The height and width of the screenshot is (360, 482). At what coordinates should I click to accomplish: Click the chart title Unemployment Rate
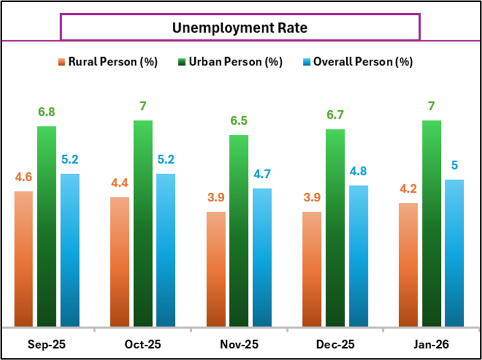pyautogui.click(x=239, y=27)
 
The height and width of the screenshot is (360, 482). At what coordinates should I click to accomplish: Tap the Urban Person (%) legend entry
pyautogui.click(x=235, y=62)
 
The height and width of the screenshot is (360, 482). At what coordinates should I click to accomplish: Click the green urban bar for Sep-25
pyautogui.click(x=47, y=226)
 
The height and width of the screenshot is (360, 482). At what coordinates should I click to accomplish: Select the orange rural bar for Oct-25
pyautogui.click(x=119, y=261)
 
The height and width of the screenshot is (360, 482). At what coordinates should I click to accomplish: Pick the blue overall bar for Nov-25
pyautogui.click(x=262, y=257)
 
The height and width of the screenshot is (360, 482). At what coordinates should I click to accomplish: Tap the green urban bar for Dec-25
pyautogui.click(x=335, y=227)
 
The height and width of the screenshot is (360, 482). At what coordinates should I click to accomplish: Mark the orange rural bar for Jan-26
pyautogui.click(x=408, y=264)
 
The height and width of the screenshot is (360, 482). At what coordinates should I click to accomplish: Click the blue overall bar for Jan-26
pyautogui.click(x=455, y=252)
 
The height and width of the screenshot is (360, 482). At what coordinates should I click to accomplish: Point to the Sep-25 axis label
pyautogui.click(x=46, y=344)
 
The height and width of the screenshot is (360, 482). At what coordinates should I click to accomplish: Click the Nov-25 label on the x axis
pyautogui.click(x=239, y=344)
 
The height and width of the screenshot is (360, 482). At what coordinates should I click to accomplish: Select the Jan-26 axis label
pyautogui.click(x=431, y=344)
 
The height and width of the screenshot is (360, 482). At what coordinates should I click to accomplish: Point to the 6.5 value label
pyautogui.click(x=239, y=121)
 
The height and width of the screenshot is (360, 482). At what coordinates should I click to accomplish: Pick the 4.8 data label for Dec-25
pyautogui.click(x=358, y=171)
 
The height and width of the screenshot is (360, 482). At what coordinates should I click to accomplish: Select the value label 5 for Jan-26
pyautogui.click(x=455, y=166)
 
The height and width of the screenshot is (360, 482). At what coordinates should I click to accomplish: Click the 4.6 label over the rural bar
pyautogui.click(x=23, y=177)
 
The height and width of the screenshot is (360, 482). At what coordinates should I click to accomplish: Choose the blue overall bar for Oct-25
pyautogui.click(x=166, y=250)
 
